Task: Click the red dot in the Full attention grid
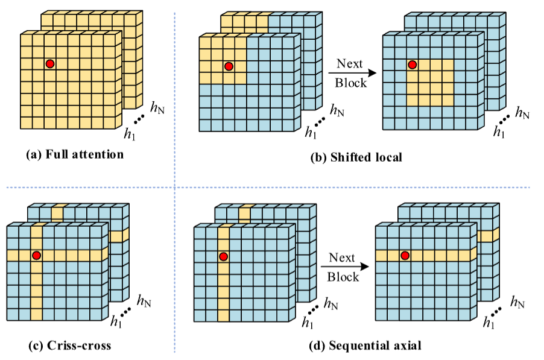[50, 63]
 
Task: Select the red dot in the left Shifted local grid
[228, 66]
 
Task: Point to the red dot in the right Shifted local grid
[412, 65]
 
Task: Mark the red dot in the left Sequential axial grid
[223, 256]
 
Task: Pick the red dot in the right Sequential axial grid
[405, 256]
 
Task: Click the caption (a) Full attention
[75, 155]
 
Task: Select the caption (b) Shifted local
[356, 158]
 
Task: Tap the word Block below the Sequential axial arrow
[344, 277]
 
